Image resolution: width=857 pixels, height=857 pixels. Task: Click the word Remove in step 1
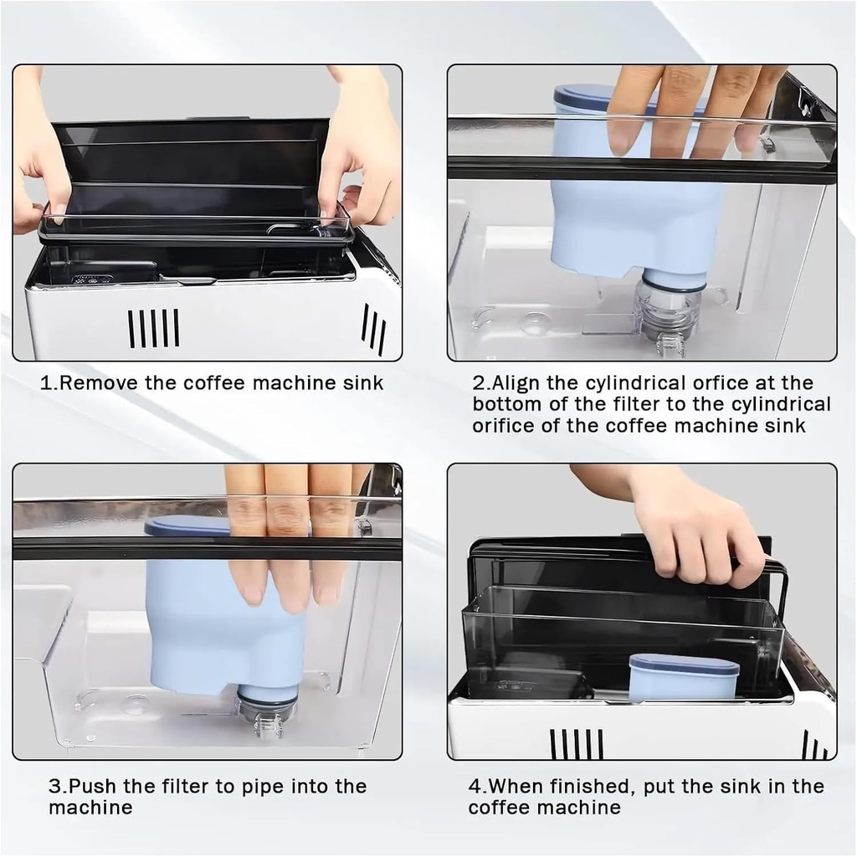click(x=100, y=383)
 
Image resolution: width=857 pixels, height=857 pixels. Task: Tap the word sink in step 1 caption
click(x=362, y=383)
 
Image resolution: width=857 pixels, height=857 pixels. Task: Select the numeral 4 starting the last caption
click(x=474, y=787)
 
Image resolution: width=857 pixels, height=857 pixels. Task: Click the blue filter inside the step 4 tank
click(x=684, y=678)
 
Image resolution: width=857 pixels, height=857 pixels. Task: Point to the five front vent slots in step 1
click(x=153, y=327)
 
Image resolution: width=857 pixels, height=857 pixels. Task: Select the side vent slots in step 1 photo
click(x=373, y=328)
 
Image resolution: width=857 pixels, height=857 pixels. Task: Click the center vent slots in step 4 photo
click(x=577, y=743)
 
